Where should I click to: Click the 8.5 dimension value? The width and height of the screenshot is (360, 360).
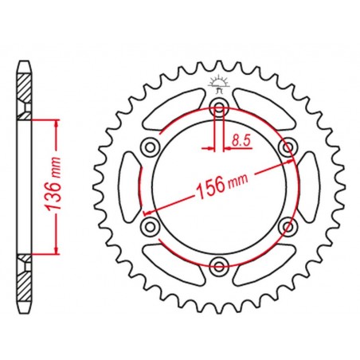coord(241,140)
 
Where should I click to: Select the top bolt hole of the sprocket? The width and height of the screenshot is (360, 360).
coord(219,108)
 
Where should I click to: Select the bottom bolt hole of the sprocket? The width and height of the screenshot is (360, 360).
coord(219,266)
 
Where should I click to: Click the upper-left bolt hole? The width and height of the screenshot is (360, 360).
coord(151,147)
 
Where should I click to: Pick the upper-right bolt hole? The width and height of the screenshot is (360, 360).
coord(288,147)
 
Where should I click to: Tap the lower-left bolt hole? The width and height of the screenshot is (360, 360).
coord(151,227)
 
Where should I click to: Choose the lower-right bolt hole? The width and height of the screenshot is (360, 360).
coord(288,227)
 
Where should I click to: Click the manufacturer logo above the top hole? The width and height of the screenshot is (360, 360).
coord(219,84)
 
